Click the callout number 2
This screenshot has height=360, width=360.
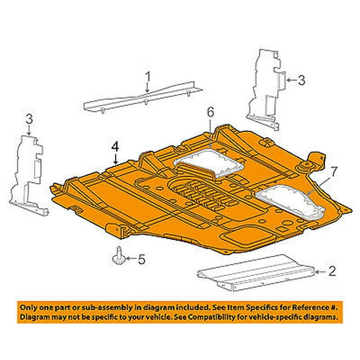point(332,271)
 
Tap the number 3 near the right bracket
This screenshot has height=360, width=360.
point(301,80)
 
